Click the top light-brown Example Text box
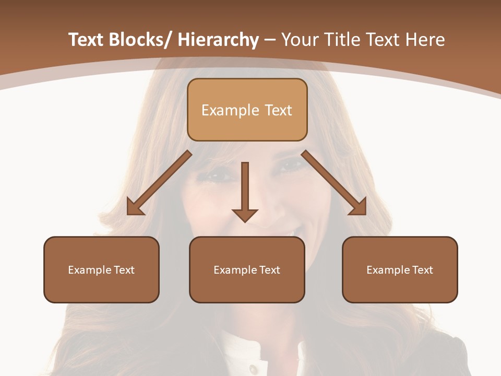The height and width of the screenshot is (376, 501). click(247, 110)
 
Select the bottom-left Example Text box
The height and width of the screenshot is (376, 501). click(101, 269)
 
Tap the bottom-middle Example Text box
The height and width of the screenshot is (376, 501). click(247, 269)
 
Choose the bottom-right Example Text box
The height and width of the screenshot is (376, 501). click(400, 269)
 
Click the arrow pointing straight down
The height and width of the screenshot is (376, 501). click(245, 191)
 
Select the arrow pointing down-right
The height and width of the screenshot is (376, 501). click(334, 183)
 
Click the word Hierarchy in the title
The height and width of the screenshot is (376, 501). click(218, 40)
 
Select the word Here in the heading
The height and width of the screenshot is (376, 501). click(424, 40)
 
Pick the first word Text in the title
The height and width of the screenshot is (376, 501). click(87, 40)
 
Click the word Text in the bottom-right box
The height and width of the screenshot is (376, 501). click(422, 269)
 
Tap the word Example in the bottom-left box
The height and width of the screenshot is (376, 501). click(90, 269)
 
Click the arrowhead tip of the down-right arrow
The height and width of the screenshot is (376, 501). click(365, 214)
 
